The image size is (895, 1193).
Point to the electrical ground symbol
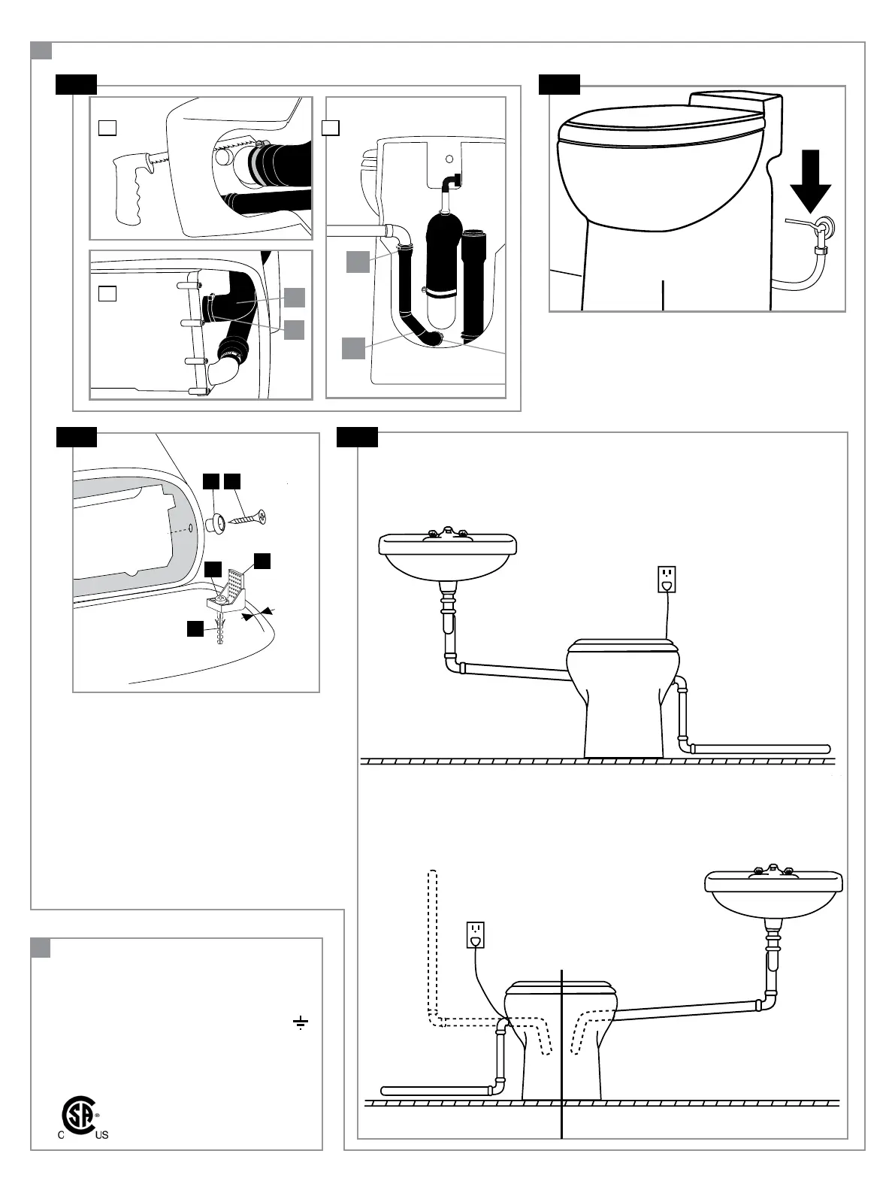click(300, 1022)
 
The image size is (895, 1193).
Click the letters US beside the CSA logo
click(101, 1135)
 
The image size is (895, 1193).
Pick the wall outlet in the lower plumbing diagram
click(475, 934)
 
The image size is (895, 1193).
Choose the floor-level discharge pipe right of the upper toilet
click(759, 749)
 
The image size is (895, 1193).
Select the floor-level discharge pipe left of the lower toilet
click(436, 1090)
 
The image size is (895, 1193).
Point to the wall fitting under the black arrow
click(825, 227)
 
